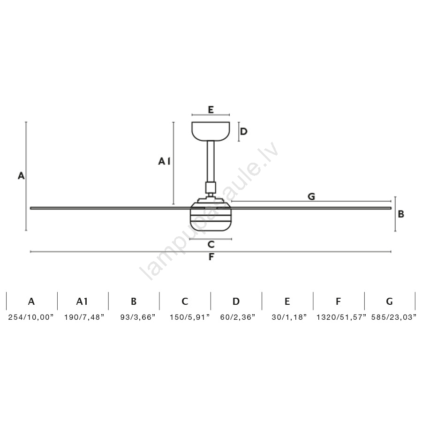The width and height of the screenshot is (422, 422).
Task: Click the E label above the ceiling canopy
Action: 211,110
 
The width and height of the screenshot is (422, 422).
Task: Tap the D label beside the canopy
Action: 243,132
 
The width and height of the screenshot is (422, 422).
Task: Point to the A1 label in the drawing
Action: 164,161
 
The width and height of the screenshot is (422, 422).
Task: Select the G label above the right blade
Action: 311,196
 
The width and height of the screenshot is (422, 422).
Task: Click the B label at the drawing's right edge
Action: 401,214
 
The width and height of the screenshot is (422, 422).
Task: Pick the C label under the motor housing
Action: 211,244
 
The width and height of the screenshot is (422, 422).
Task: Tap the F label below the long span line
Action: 211,257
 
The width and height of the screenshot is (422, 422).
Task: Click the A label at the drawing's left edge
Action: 21,176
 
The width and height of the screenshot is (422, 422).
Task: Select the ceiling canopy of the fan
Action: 211,131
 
